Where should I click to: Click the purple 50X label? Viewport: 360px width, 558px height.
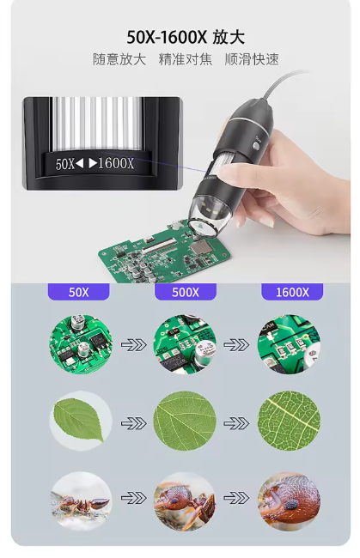click(78, 292)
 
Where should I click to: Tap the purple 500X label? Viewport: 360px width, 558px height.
click(186, 292)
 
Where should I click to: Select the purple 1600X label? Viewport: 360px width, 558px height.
click(292, 292)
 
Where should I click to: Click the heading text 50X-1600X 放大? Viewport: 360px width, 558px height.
click(186, 37)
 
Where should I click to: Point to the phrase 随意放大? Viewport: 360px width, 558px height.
click(119, 59)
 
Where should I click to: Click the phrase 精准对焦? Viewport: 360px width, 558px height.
click(186, 59)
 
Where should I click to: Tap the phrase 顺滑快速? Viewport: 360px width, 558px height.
click(252, 59)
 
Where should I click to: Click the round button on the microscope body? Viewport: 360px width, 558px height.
click(256, 146)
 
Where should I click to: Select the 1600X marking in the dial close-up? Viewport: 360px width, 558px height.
click(116, 164)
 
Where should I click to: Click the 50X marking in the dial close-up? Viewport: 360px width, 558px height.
click(64, 164)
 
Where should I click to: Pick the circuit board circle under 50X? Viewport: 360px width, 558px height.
click(81, 344)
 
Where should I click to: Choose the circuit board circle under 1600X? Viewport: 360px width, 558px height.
click(289, 344)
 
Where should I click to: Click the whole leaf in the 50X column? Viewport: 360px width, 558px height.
click(79, 419)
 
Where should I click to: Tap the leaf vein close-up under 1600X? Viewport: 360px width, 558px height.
click(289, 421)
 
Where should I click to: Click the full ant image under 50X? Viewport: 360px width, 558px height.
click(81, 501)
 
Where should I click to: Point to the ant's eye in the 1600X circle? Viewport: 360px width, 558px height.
click(291, 504)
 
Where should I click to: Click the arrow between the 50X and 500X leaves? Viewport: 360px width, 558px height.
click(133, 423)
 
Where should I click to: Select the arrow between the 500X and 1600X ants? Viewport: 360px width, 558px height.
click(236, 498)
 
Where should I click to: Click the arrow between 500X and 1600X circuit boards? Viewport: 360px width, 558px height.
click(236, 344)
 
